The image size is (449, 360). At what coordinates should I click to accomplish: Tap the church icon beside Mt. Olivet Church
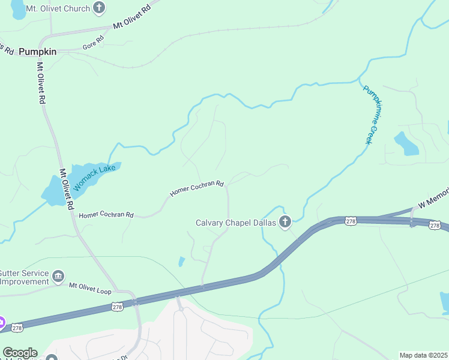pyautogui.click(x=100, y=8)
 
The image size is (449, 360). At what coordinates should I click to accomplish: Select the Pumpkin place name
pyautogui.click(x=37, y=52)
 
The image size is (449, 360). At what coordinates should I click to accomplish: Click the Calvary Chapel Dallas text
pyautogui.click(x=235, y=223)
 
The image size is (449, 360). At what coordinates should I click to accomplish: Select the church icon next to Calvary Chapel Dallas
pyautogui.click(x=285, y=223)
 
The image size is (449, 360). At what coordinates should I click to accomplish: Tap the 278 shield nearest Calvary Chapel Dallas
pyautogui.click(x=351, y=221)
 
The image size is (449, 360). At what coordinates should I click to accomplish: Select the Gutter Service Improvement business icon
pyautogui.click(x=58, y=277)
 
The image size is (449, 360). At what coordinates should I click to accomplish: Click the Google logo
pyautogui.click(x=19, y=353)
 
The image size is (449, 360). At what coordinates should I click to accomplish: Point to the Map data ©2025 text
pyautogui.click(x=423, y=355)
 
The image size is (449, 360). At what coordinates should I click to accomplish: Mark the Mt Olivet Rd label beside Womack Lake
pyautogui.click(x=66, y=188)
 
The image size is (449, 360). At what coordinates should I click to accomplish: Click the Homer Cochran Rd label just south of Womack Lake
pyautogui.click(x=106, y=214)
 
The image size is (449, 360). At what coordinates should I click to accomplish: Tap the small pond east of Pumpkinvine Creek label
pyautogui.click(x=406, y=143)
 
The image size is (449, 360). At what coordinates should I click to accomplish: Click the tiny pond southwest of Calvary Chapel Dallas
pyautogui.click(x=181, y=262)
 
